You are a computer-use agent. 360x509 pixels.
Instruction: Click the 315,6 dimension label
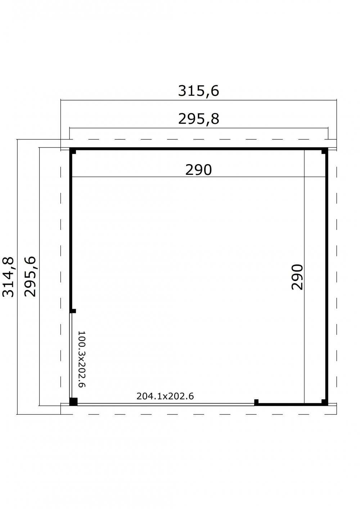[x=198, y=91]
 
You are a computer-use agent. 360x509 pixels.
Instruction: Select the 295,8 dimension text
[x=198, y=119]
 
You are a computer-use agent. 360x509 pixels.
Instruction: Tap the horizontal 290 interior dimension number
[x=198, y=170]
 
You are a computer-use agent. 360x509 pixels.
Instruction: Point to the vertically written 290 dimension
[x=298, y=277]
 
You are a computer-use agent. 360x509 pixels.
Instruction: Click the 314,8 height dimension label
[x=8, y=277]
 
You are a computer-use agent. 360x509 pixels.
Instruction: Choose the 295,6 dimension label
[x=30, y=276]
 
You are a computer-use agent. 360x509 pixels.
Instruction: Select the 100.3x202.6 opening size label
[x=81, y=359]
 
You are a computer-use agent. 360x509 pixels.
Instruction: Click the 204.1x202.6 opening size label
[x=165, y=396]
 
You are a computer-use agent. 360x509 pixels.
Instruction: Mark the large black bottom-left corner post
[x=73, y=401]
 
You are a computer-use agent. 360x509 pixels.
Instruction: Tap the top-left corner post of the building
[x=73, y=151]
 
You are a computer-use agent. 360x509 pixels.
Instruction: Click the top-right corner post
[x=325, y=151]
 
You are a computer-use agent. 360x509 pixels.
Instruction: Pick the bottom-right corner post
[x=325, y=402]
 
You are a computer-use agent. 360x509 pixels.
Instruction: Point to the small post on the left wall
[x=73, y=311]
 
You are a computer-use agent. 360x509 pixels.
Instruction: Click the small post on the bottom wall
[x=257, y=401]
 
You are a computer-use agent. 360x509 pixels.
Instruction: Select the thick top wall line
[x=198, y=148]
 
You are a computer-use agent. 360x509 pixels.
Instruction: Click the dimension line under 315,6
[x=198, y=100]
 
